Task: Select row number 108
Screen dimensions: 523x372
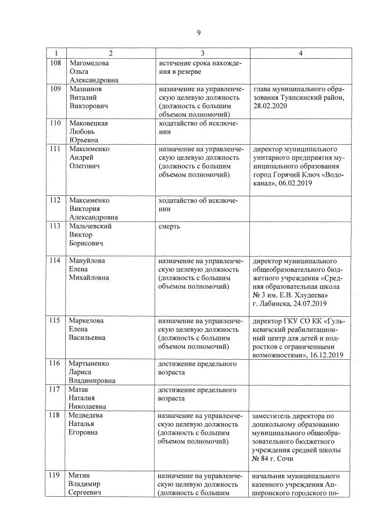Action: [55, 63]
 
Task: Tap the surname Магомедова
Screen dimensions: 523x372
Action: [89, 63]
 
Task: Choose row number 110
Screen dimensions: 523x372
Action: [55, 123]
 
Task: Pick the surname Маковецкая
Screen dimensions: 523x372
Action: [88, 123]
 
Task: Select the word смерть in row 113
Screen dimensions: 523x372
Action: [169, 227]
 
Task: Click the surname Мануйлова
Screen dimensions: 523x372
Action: [88, 260]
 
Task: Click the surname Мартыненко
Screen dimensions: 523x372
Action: [90, 364]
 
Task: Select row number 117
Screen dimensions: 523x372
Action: [55, 389]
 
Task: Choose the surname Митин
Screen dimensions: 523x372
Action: [80, 475]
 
